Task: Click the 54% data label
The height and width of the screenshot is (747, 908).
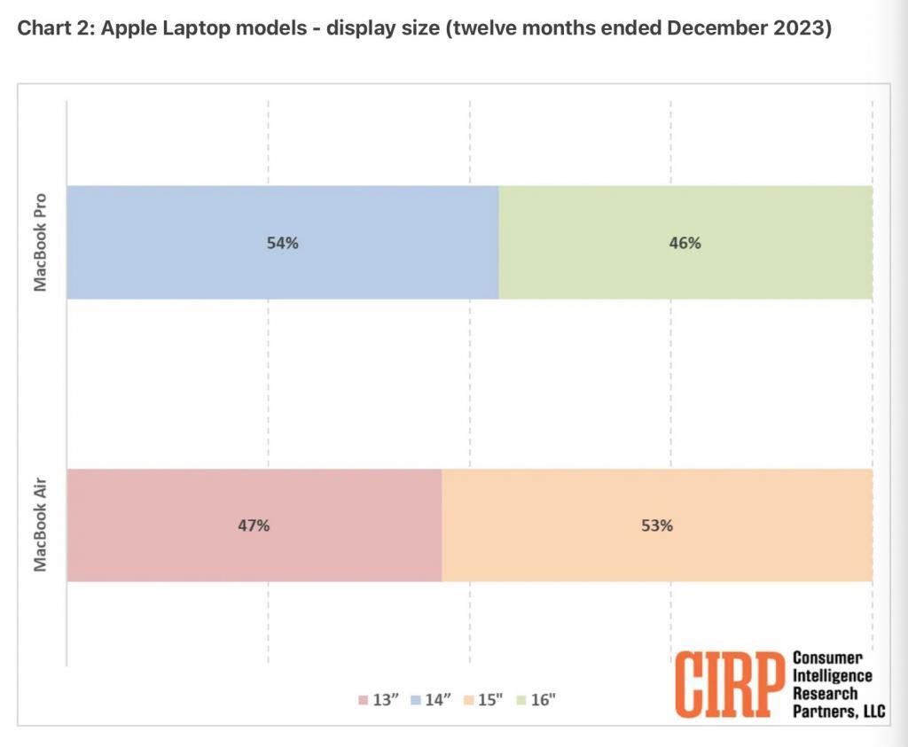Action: [282, 243]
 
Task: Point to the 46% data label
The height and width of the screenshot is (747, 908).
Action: [685, 243]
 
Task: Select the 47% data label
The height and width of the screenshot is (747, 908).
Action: [253, 525]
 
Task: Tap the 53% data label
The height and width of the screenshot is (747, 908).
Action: [657, 525]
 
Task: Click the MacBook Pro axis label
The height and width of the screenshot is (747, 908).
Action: [41, 241]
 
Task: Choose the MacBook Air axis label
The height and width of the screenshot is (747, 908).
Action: [41, 525]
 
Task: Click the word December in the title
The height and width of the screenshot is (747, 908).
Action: [722, 28]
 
